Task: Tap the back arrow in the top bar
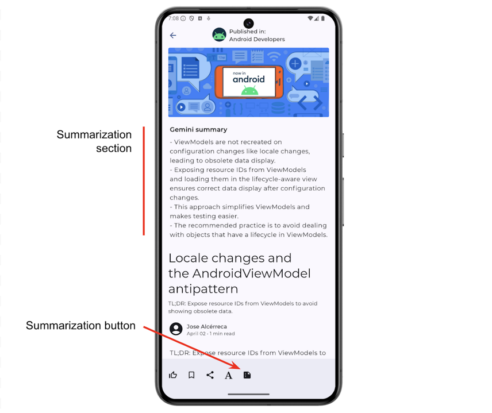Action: (173, 35)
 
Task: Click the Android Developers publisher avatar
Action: (219, 35)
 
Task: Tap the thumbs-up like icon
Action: (173, 375)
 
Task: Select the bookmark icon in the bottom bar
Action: (191, 375)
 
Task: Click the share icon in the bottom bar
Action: (210, 375)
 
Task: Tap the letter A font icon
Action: (228, 376)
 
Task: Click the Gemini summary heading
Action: (198, 130)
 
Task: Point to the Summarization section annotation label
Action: (94, 141)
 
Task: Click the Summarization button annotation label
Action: (80, 326)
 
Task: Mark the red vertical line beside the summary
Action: (144, 181)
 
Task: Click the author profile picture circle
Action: (176, 329)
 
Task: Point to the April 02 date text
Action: (196, 334)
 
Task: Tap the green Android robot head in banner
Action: (249, 90)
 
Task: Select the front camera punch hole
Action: (248, 24)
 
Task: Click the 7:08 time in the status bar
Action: (174, 18)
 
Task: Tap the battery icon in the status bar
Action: (323, 18)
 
